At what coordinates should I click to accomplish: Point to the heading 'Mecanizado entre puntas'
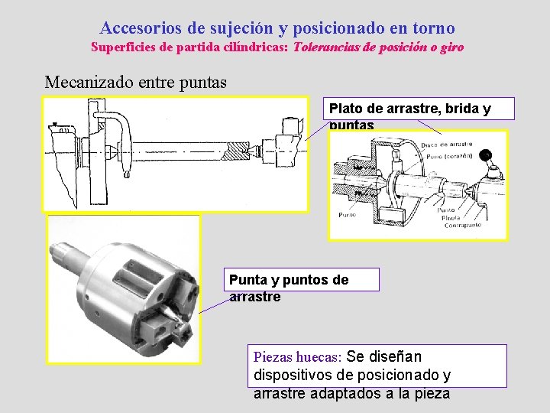tap(136, 82)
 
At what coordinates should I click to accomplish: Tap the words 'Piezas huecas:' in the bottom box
tap(297, 357)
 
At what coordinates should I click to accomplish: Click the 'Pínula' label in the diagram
tap(451, 218)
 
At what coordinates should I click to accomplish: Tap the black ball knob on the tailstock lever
tap(485, 157)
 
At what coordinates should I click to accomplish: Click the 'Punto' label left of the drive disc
tap(347, 215)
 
